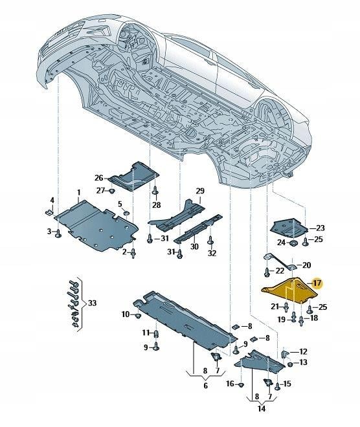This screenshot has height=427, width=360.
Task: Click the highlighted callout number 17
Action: coord(317,283)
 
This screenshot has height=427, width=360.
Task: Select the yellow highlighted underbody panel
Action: coord(289,290)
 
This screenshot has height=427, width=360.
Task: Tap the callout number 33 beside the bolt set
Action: coord(93,303)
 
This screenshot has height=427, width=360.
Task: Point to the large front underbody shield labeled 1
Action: coord(96,226)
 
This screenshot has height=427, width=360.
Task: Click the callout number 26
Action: coord(99,178)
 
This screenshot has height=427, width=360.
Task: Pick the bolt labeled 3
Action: coord(58,234)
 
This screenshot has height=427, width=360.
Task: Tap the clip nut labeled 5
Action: coord(126,212)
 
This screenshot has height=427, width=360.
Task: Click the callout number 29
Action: coord(200,191)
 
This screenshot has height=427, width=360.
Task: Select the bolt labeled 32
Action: coord(210,241)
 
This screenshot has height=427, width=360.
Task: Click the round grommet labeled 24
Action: coord(293,243)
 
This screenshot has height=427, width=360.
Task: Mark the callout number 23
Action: coord(321,228)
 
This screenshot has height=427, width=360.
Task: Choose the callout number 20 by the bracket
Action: coord(306,265)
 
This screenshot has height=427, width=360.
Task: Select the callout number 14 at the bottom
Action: coord(262,408)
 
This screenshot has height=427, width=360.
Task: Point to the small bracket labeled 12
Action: coord(284,354)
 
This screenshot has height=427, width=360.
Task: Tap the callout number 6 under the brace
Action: coord(205,386)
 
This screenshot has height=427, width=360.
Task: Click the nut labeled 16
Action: coord(241,385)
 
